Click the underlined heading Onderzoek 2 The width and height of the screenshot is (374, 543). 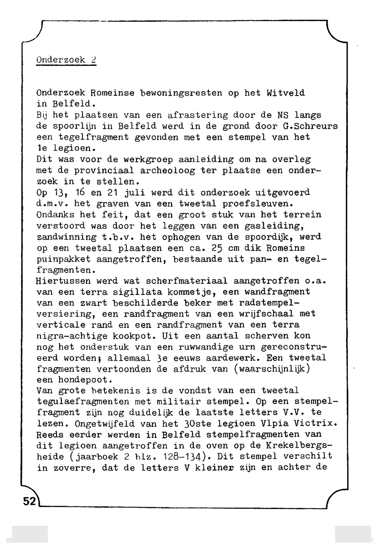[66, 60]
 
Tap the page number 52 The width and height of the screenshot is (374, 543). [29, 501]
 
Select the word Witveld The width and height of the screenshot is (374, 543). [286, 93]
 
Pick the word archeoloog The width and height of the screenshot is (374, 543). [168, 171]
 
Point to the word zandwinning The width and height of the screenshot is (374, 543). [67, 237]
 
